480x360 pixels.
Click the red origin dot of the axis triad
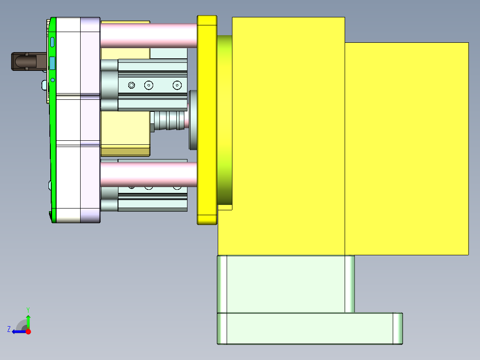pyautogui.click(x=28, y=331)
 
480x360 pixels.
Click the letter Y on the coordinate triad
pyautogui.click(x=28, y=309)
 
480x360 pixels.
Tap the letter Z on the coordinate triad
pyautogui.click(x=9, y=329)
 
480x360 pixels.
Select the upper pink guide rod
pyautogui.click(x=149, y=36)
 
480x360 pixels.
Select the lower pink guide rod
pyautogui.click(x=149, y=174)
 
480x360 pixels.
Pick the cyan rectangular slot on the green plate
pyautogui.click(x=52, y=63)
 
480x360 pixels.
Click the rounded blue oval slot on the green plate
pyautogui.click(x=53, y=42)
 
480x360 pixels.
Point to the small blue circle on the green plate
pyautogui.click(x=53, y=80)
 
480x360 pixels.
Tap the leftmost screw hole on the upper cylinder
pyautogui.click(x=131, y=85)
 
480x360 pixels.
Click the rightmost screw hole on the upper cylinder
pyautogui.click(x=177, y=85)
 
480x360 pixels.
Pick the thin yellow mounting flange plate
pyautogui.click(x=207, y=120)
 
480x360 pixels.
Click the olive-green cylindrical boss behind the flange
pyautogui.click(x=224, y=120)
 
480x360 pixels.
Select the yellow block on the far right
pyautogui.click(x=406, y=148)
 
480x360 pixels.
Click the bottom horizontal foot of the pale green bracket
pyautogui.click(x=307, y=329)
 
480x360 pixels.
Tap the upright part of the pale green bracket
pyautogui.click(x=285, y=284)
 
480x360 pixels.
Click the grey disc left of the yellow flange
pyautogui.click(x=193, y=120)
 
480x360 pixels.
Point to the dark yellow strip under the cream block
pyautogui.click(x=125, y=152)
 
